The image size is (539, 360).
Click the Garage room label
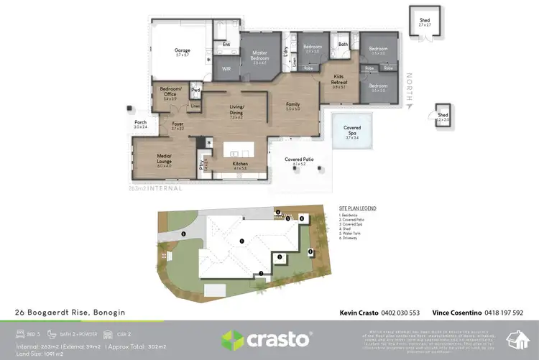point(183,50)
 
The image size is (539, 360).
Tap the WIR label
point(226,69)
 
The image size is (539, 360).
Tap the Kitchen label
point(240,164)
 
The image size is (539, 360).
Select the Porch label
point(141,123)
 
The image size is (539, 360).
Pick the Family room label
point(293,105)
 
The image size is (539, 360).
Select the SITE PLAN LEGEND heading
point(357,208)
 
